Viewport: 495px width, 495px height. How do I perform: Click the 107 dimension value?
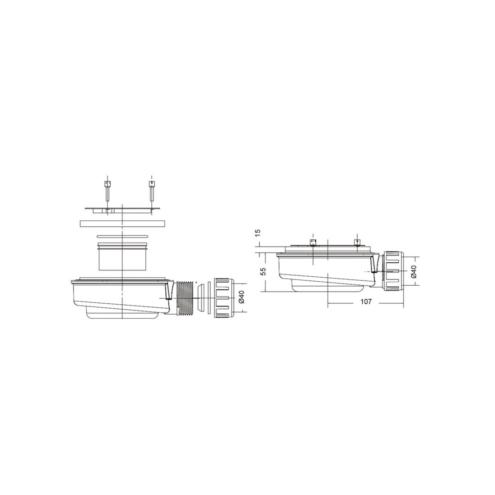tap(365, 301)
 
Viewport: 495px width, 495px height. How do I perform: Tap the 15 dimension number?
tap(257, 232)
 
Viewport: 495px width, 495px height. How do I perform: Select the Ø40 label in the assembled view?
tap(414, 271)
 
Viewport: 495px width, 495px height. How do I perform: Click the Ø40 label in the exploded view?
tap(242, 297)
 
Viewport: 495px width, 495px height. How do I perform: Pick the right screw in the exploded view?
tap(152, 191)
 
